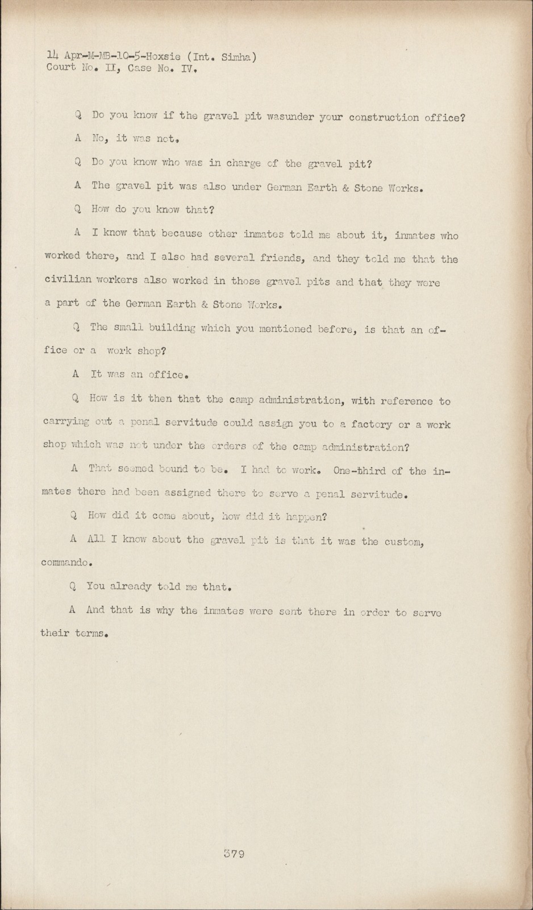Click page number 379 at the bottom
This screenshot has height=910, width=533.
[x=234, y=853]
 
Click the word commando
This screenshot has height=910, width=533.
[x=65, y=562]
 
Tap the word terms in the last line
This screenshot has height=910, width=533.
[x=90, y=633]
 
